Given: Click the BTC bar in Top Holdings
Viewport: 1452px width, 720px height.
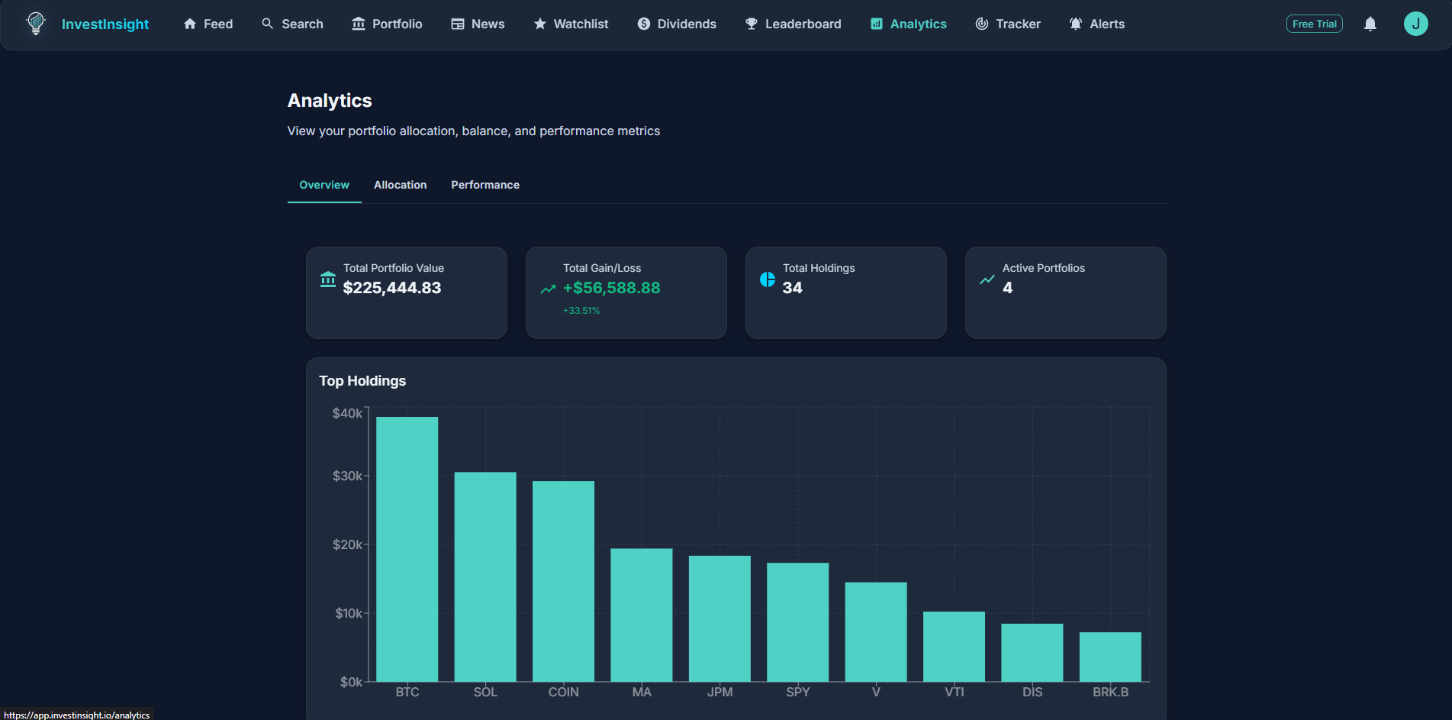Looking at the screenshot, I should [x=407, y=549].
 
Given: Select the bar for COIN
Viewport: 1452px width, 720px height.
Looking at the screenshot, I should [x=563, y=581].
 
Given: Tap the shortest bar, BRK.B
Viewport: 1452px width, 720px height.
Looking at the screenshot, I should [x=1110, y=657].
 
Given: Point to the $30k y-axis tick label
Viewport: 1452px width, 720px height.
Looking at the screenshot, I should [x=347, y=476].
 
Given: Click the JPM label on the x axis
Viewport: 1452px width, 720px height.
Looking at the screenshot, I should [x=720, y=692].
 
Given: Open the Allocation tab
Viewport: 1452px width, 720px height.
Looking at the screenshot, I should [x=400, y=185].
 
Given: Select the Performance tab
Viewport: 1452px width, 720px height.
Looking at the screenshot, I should [x=485, y=185].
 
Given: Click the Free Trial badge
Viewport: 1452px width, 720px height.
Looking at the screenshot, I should [x=1314, y=24].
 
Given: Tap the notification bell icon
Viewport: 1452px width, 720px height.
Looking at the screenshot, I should [x=1370, y=24].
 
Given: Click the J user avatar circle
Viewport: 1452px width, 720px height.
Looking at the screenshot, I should [x=1415, y=24].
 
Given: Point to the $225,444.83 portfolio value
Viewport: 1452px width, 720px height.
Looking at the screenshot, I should [x=392, y=288].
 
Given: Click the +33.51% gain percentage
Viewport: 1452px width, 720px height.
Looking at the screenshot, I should [x=581, y=311].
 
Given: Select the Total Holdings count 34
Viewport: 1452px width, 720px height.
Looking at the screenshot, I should [x=792, y=288].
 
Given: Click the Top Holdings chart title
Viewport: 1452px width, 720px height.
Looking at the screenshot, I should [x=362, y=380].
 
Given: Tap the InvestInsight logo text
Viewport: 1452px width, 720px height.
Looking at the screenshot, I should [x=105, y=24].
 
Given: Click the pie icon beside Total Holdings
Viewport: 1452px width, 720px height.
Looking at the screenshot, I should [x=767, y=279].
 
